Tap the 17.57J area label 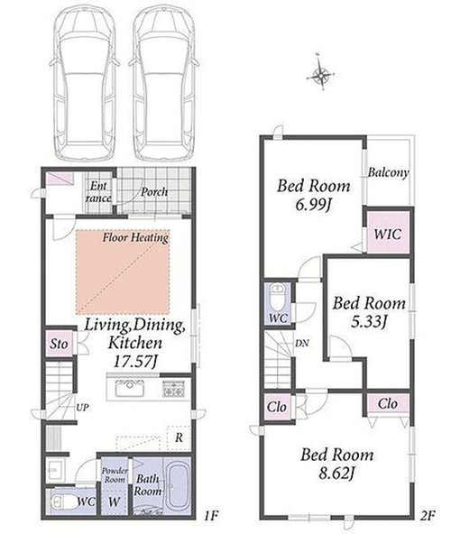click(135, 362)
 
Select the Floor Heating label click(135, 237)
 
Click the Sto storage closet click(60, 344)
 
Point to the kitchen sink click(130, 388)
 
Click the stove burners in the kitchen click(174, 389)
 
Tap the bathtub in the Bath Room click(178, 484)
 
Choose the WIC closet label click(388, 234)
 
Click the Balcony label click(388, 172)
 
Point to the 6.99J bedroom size click(314, 206)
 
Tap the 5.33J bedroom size click(369, 322)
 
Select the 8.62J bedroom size click(336, 473)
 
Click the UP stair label click(82, 407)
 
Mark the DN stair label click(302, 344)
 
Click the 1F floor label click(211, 516)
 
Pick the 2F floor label click(428, 516)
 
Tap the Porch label click(154, 192)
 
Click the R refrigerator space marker click(179, 437)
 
